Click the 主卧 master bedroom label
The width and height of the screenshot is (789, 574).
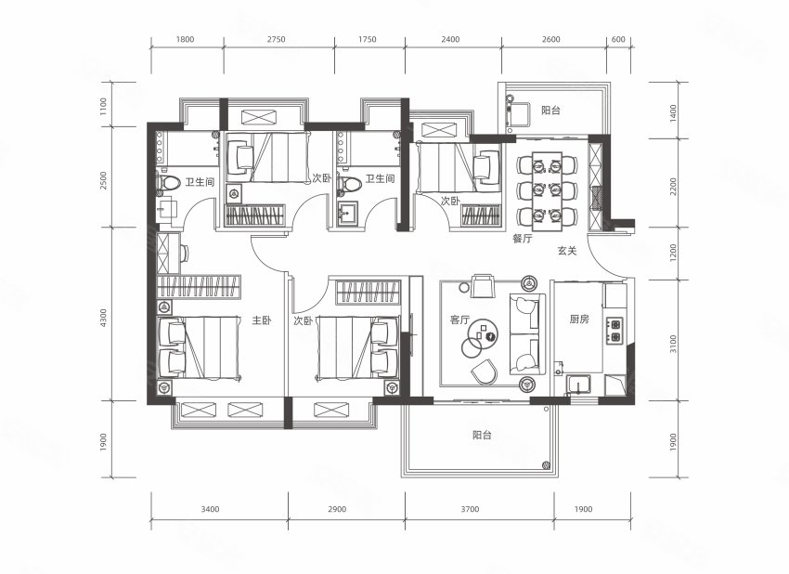coord(262,320)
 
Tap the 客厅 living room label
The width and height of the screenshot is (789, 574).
coord(459,320)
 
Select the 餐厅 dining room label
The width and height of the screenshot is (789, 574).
coord(523,239)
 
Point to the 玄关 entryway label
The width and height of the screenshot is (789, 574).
coord(566,250)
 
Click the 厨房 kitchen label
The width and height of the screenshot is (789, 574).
coord(579,319)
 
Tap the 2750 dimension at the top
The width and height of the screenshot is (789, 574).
coord(277,39)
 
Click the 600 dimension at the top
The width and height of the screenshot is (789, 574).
coord(618,39)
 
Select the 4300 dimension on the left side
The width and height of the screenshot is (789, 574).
coord(104,320)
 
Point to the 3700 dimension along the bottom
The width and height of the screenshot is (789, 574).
coord(470,509)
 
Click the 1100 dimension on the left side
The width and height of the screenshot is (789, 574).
coord(104,107)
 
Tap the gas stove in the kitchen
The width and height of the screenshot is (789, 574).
coord(614,331)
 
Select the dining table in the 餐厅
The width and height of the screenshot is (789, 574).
coord(547,191)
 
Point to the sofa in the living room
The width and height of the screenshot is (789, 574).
coord(527,333)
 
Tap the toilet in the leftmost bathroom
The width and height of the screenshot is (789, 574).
coord(169,183)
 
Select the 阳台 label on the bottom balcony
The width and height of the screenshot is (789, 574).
coord(482,435)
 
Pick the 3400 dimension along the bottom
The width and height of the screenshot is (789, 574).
coord(210,509)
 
